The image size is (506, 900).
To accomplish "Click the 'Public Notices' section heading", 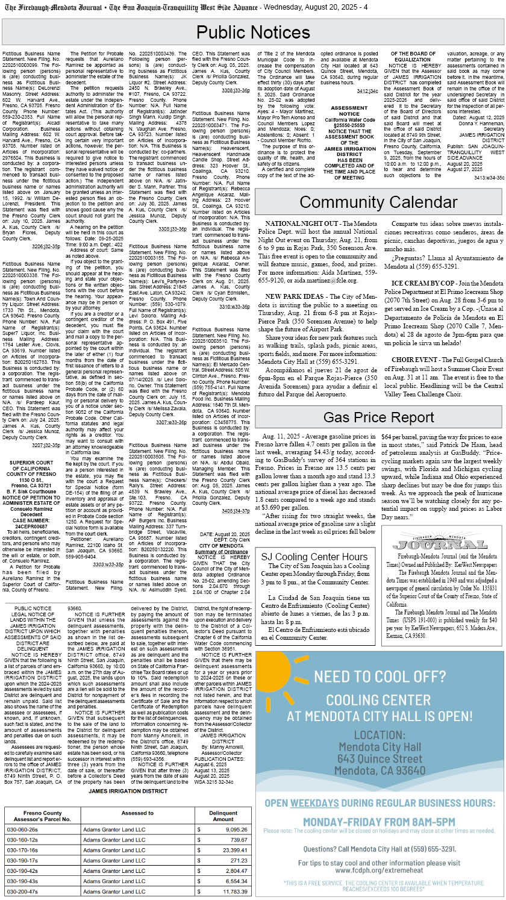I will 253,32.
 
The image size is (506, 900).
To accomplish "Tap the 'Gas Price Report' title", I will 378,417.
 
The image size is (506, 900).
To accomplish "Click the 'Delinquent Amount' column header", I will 223,815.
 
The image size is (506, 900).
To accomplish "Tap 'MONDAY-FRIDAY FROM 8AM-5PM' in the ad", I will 379,822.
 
